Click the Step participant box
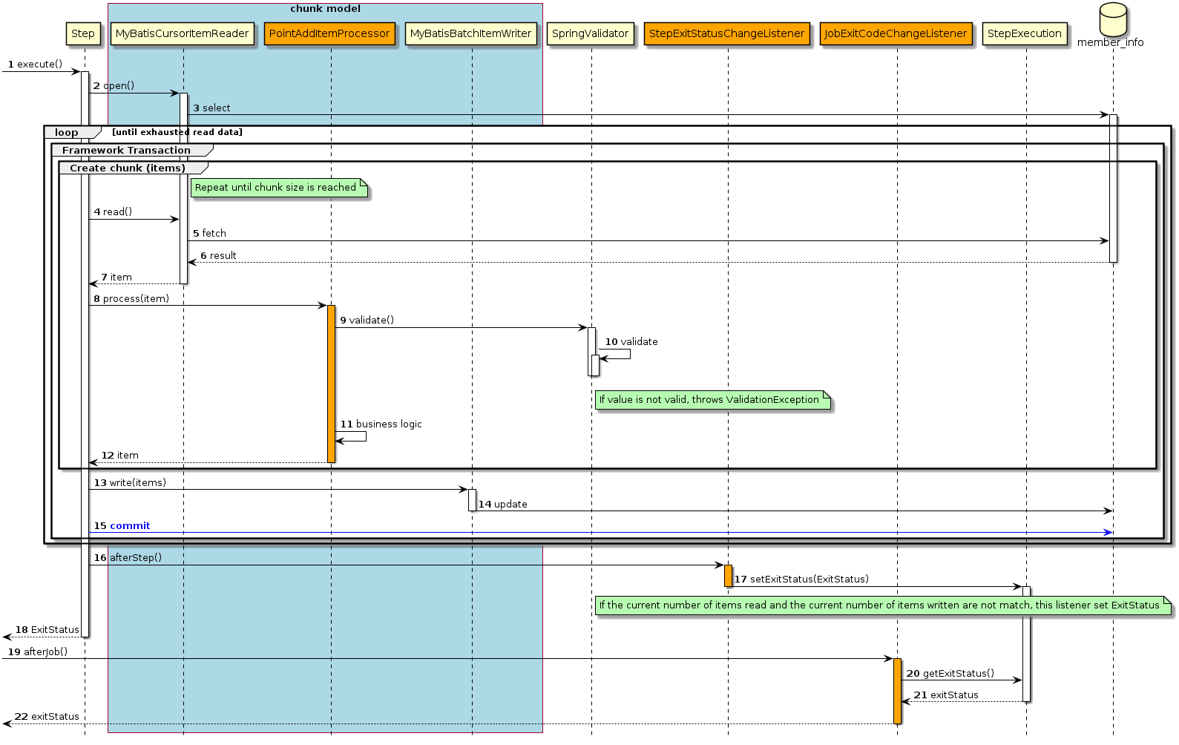[x=83, y=33]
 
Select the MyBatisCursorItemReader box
[x=182, y=33]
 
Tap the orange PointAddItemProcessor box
[x=329, y=33]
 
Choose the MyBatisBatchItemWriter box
[x=470, y=33]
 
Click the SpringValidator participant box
[x=590, y=33]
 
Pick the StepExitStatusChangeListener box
[x=726, y=33]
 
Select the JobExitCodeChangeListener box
[x=896, y=33]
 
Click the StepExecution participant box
[x=1025, y=33]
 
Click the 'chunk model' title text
[x=325, y=9]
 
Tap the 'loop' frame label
[x=67, y=133]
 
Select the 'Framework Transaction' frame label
[x=127, y=151]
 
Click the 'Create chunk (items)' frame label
[x=128, y=168]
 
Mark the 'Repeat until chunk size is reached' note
[x=276, y=188]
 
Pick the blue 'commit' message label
[x=130, y=526]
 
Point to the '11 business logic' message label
[x=381, y=424]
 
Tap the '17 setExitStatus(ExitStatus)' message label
[x=801, y=580]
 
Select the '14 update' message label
[x=503, y=505]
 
